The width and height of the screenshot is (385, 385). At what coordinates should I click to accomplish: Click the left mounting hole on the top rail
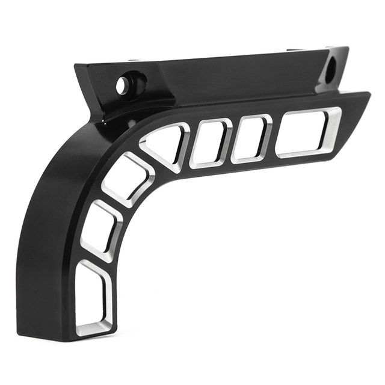coord(123,85)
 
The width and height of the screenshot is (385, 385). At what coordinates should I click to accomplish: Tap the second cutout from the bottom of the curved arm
coord(100,232)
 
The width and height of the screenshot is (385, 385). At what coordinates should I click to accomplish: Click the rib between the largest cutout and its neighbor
coord(273,137)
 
